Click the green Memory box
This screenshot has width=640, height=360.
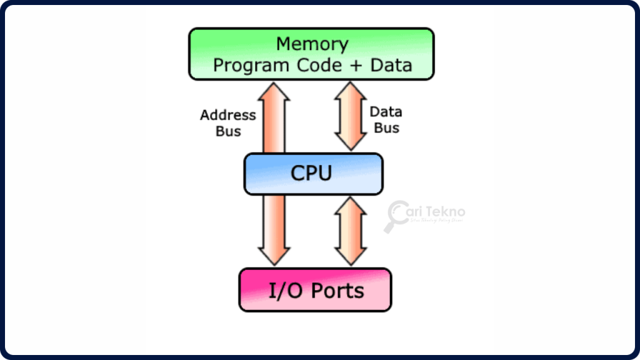(311, 54)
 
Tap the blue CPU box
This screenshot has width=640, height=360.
(313, 173)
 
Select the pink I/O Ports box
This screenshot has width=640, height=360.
(315, 290)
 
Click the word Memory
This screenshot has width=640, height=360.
(312, 44)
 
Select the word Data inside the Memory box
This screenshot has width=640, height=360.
(391, 65)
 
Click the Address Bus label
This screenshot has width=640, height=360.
(228, 123)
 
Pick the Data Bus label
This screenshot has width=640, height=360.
(386, 120)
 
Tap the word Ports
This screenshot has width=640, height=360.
(337, 291)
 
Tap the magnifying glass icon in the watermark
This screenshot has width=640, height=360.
(395, 216)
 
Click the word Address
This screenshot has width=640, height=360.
(228, 115)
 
